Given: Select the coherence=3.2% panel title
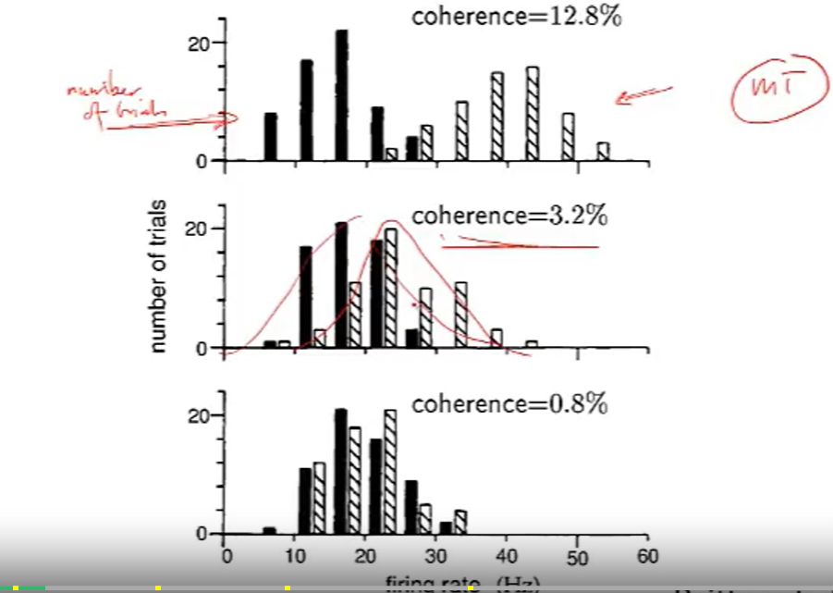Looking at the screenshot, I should [x=509, y=216].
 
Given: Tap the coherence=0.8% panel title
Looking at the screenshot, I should [x=509, y=405].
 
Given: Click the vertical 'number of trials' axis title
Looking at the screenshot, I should [x=159, y=276].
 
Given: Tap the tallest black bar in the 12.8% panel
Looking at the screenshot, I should [x=341, y=95].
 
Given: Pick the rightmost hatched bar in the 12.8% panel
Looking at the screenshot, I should [x=603, y=151].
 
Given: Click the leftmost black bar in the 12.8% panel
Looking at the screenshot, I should [x=271, y=136].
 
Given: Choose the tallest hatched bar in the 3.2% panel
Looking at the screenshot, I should [x=391, y=288].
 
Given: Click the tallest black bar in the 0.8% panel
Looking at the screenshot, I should [x=341, y=471].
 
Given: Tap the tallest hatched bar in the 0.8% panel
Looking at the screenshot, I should [x=391, y=471].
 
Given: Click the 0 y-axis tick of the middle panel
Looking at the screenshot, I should [x=210, y=349].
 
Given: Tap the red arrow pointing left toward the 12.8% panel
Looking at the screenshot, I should [x=643, y=93].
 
